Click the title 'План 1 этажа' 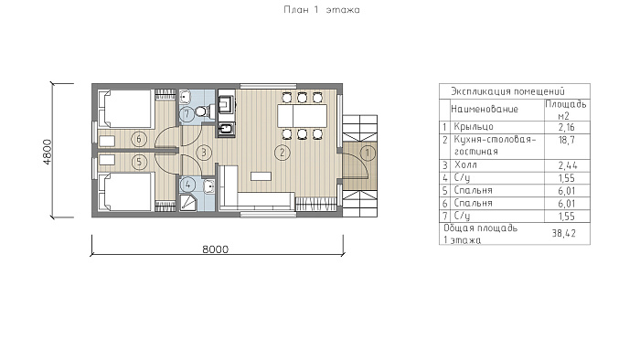click(x=322, y=10)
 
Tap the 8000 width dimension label click(x=216, y=249)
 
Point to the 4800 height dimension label click(x=48, y=152)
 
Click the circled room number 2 click(x=282, y=153)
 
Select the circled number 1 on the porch click(x=368, y=153)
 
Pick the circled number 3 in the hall click(x=204, y=153)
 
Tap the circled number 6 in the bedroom click(x=139, y=139)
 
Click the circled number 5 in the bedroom click(x=139, y=162)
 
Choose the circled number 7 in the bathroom click(x=187, y=113)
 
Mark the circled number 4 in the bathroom click(x=187, y=185)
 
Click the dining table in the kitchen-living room click(x=302, y=116)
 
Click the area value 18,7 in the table click(x=567, y=140)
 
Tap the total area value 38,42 click(x=564, y=233)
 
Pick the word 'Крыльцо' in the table click(x=474, y=127)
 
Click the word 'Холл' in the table click(x=465, y=165)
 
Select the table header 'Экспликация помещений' click(x=507, y=91)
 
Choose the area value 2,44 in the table click(x=568, y=165)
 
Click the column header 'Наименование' click(x=485, y=110)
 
